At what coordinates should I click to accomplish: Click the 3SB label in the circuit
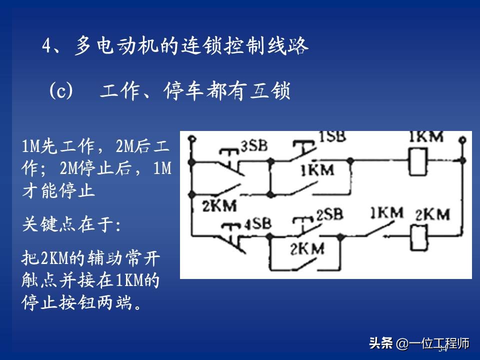click(254, 145)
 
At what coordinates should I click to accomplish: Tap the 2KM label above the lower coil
click(432, 214)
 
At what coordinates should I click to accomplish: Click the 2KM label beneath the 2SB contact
click(306, 247)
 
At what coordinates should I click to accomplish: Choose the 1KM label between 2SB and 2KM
click(386, 212)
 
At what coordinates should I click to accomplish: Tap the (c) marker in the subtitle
click(61, 91)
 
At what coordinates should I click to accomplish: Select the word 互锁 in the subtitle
click(269, 91)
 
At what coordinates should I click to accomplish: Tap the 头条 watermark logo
click(381, 343)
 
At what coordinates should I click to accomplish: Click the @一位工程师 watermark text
click(433, 344)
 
